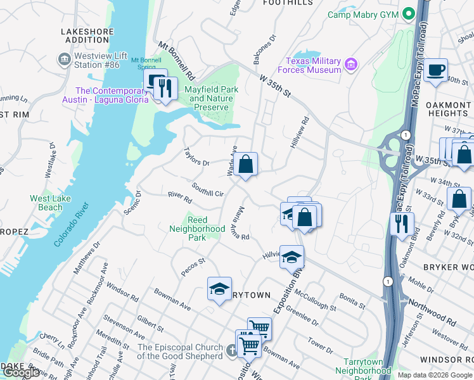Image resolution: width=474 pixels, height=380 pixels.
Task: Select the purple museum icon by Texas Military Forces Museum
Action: pyautogui.click(x=350, y=65)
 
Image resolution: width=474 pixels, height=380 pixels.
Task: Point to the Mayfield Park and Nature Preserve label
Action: pyautogui.click(x=211, y=98)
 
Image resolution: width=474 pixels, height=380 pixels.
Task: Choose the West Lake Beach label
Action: pyautogui.click(x=46, y=203)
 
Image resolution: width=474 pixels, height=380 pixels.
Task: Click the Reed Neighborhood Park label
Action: pyautogui.click(x=197, y=229)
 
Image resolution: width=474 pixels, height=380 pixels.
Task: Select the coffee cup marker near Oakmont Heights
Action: pyautogui.click(x=435, y=71)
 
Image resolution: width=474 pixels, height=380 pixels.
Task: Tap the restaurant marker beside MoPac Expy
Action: pyautogui.click(x=402, y=224)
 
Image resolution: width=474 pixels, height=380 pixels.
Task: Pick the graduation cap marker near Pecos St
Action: pyautogui.click(x=219, y=289)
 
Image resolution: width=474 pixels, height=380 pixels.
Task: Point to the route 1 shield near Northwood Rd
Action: pyautogui.click(x=387, y=280)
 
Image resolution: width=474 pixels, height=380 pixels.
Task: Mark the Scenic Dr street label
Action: pyautogui.click(x=132, y=202)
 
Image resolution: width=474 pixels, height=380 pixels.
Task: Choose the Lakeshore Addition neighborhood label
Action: pyautogui.click(x=82, y=35)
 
